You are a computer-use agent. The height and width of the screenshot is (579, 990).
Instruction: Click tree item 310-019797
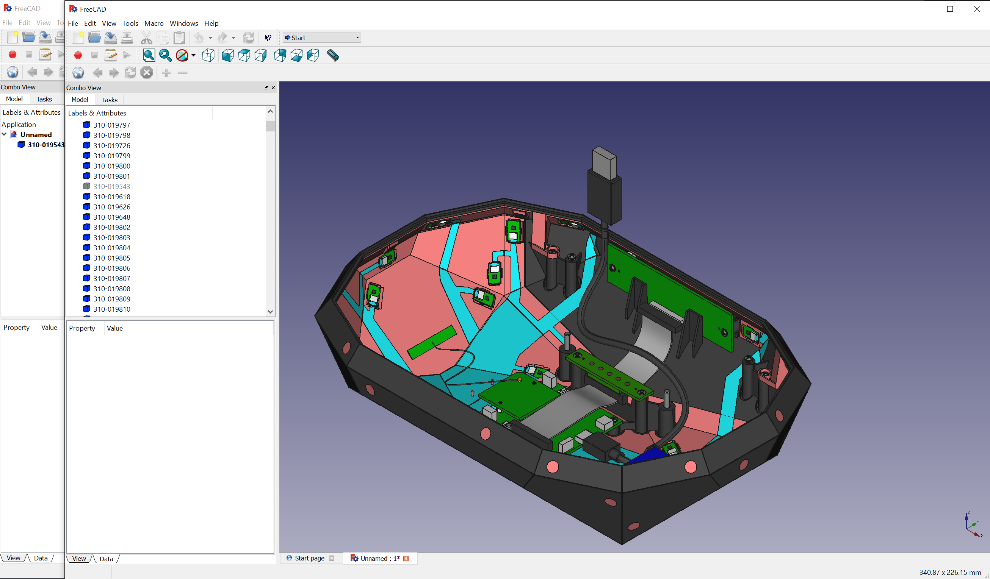click(111, 125)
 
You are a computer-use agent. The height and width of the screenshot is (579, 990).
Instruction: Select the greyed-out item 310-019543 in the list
click(111, 186)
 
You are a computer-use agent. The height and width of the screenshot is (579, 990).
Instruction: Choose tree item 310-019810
click(111, 309)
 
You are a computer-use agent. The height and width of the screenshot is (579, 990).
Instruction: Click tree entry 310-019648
click(111, 217)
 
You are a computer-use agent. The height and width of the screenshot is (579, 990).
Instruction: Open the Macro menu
click(154, 23)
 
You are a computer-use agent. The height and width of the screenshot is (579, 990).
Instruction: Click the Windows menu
click(183, 23)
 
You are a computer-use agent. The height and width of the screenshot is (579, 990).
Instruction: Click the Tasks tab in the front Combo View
click(109, 100)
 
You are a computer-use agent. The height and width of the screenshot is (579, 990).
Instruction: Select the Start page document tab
click(309, 558)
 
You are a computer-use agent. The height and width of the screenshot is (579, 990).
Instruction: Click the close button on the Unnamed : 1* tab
click(406, 559)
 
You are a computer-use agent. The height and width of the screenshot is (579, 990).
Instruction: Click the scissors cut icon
click(146, 38)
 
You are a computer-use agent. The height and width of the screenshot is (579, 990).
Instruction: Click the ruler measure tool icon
click(332, 55)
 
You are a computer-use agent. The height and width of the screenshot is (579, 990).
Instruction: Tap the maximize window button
click(949, 9)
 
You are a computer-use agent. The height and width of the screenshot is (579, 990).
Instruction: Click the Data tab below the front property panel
click(106, 559)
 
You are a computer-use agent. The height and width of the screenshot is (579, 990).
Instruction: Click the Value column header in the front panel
click(115, 328)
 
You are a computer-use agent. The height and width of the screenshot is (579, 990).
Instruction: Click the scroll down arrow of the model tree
click(270, 312)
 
